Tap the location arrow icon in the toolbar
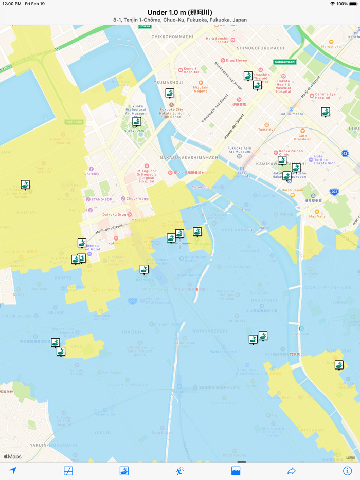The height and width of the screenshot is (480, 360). pos(13,470)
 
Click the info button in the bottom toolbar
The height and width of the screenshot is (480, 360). pos(347,470)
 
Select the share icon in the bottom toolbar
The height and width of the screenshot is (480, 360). pos(292,470)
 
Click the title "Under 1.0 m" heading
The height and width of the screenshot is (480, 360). pos(179,12)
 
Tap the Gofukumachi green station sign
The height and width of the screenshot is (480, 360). pos(285,62)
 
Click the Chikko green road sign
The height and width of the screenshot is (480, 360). pos(145,26)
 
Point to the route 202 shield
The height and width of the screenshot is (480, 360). pos(334,191)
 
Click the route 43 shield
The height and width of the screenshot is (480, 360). pos(345,153)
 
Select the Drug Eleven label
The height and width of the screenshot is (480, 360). pos(237,60)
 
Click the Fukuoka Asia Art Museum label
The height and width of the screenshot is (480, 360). pos(239,150)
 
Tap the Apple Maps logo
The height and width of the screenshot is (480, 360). pos(13,456)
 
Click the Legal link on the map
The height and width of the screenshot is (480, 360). pos(350,457)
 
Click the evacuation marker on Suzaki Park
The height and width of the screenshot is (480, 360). pos(136,121)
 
